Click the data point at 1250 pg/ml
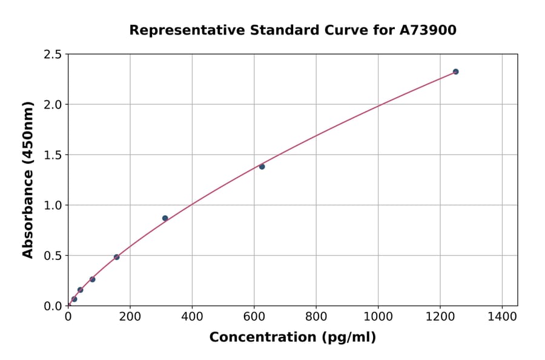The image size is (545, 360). click(x=455, y=72)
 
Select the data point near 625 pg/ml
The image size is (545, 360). click(x=262, y=167)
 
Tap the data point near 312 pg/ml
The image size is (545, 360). click(x=165, y=218)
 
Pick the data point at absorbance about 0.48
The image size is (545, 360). click(x=116, y=257)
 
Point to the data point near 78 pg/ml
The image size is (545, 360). click(x=92, y=279)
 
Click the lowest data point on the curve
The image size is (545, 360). click(x=74, y=299)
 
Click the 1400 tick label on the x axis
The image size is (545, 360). click(x=502, y=316)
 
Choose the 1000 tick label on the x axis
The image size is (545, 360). click(x=378, y=316)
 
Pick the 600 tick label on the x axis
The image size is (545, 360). click(x=254, y=316)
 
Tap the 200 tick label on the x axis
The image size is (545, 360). click(x=130, y=316)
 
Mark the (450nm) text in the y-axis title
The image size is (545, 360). click(x=28, y=133)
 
